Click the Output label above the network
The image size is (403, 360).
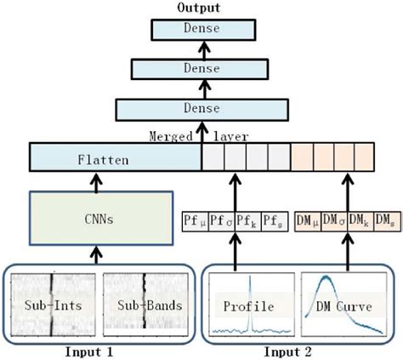198,8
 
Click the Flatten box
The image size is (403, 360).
115,158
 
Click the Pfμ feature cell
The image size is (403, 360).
194,219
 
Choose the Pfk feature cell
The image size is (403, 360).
245,219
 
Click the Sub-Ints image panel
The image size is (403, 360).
51,304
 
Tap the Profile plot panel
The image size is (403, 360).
250,304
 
